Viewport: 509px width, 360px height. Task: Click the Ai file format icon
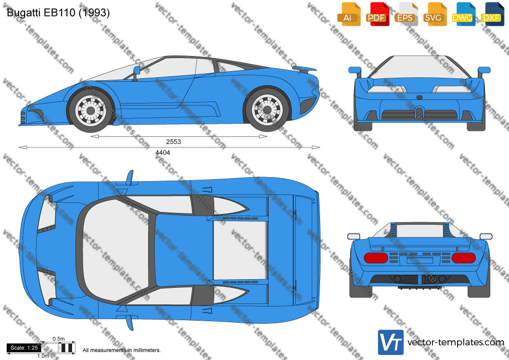pos(349,14)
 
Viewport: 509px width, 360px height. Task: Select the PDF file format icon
pos(377,14)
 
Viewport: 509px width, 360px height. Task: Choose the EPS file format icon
pos(406,14)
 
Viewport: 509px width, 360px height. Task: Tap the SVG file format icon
pos(434,14)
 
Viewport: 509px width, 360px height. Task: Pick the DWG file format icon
pos(463,14)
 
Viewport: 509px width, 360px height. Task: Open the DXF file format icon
pos(492,14)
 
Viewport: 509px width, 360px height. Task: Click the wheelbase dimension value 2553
pos(173,142)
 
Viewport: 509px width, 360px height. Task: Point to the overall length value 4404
pos(163,152)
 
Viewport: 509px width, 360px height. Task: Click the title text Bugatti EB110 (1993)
pos(58,13)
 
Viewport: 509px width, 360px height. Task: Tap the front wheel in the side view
pos(91,110)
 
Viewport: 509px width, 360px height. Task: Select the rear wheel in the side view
pos(268,110)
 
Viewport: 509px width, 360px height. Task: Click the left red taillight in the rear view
pos(376,258)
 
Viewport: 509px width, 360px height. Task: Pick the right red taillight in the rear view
pos(464,258)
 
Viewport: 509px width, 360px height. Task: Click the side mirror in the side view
pos(136,73)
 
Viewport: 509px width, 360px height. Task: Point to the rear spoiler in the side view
pos(304,69)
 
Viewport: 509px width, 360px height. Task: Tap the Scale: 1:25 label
pos(24,348)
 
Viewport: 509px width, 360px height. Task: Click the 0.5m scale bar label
pos(59,339)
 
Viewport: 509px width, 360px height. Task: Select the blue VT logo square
pos(391,342)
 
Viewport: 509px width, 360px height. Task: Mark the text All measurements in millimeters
pos(122,350)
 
